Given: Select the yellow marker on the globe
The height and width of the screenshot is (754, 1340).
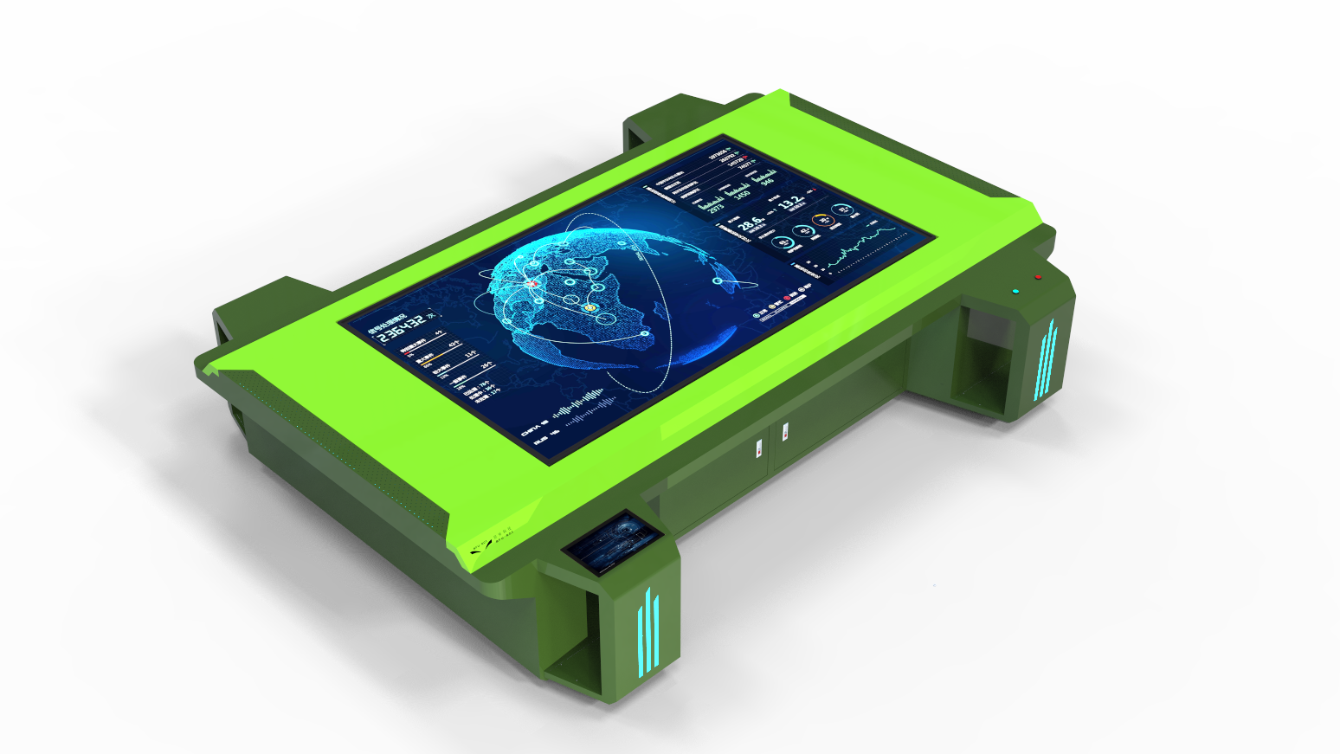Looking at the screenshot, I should point(591,306).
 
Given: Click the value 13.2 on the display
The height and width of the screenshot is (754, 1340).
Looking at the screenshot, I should point(789,203).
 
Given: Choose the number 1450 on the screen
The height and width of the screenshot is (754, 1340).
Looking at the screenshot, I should point(742,194).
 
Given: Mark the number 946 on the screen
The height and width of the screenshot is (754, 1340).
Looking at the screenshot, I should point(767,181).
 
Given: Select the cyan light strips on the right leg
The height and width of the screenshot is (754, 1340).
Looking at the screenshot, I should point(1046,360).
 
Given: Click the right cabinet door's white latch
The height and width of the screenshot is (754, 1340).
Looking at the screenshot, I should point(784,430).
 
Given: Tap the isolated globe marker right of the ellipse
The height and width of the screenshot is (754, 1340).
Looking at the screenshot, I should point(718,280).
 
